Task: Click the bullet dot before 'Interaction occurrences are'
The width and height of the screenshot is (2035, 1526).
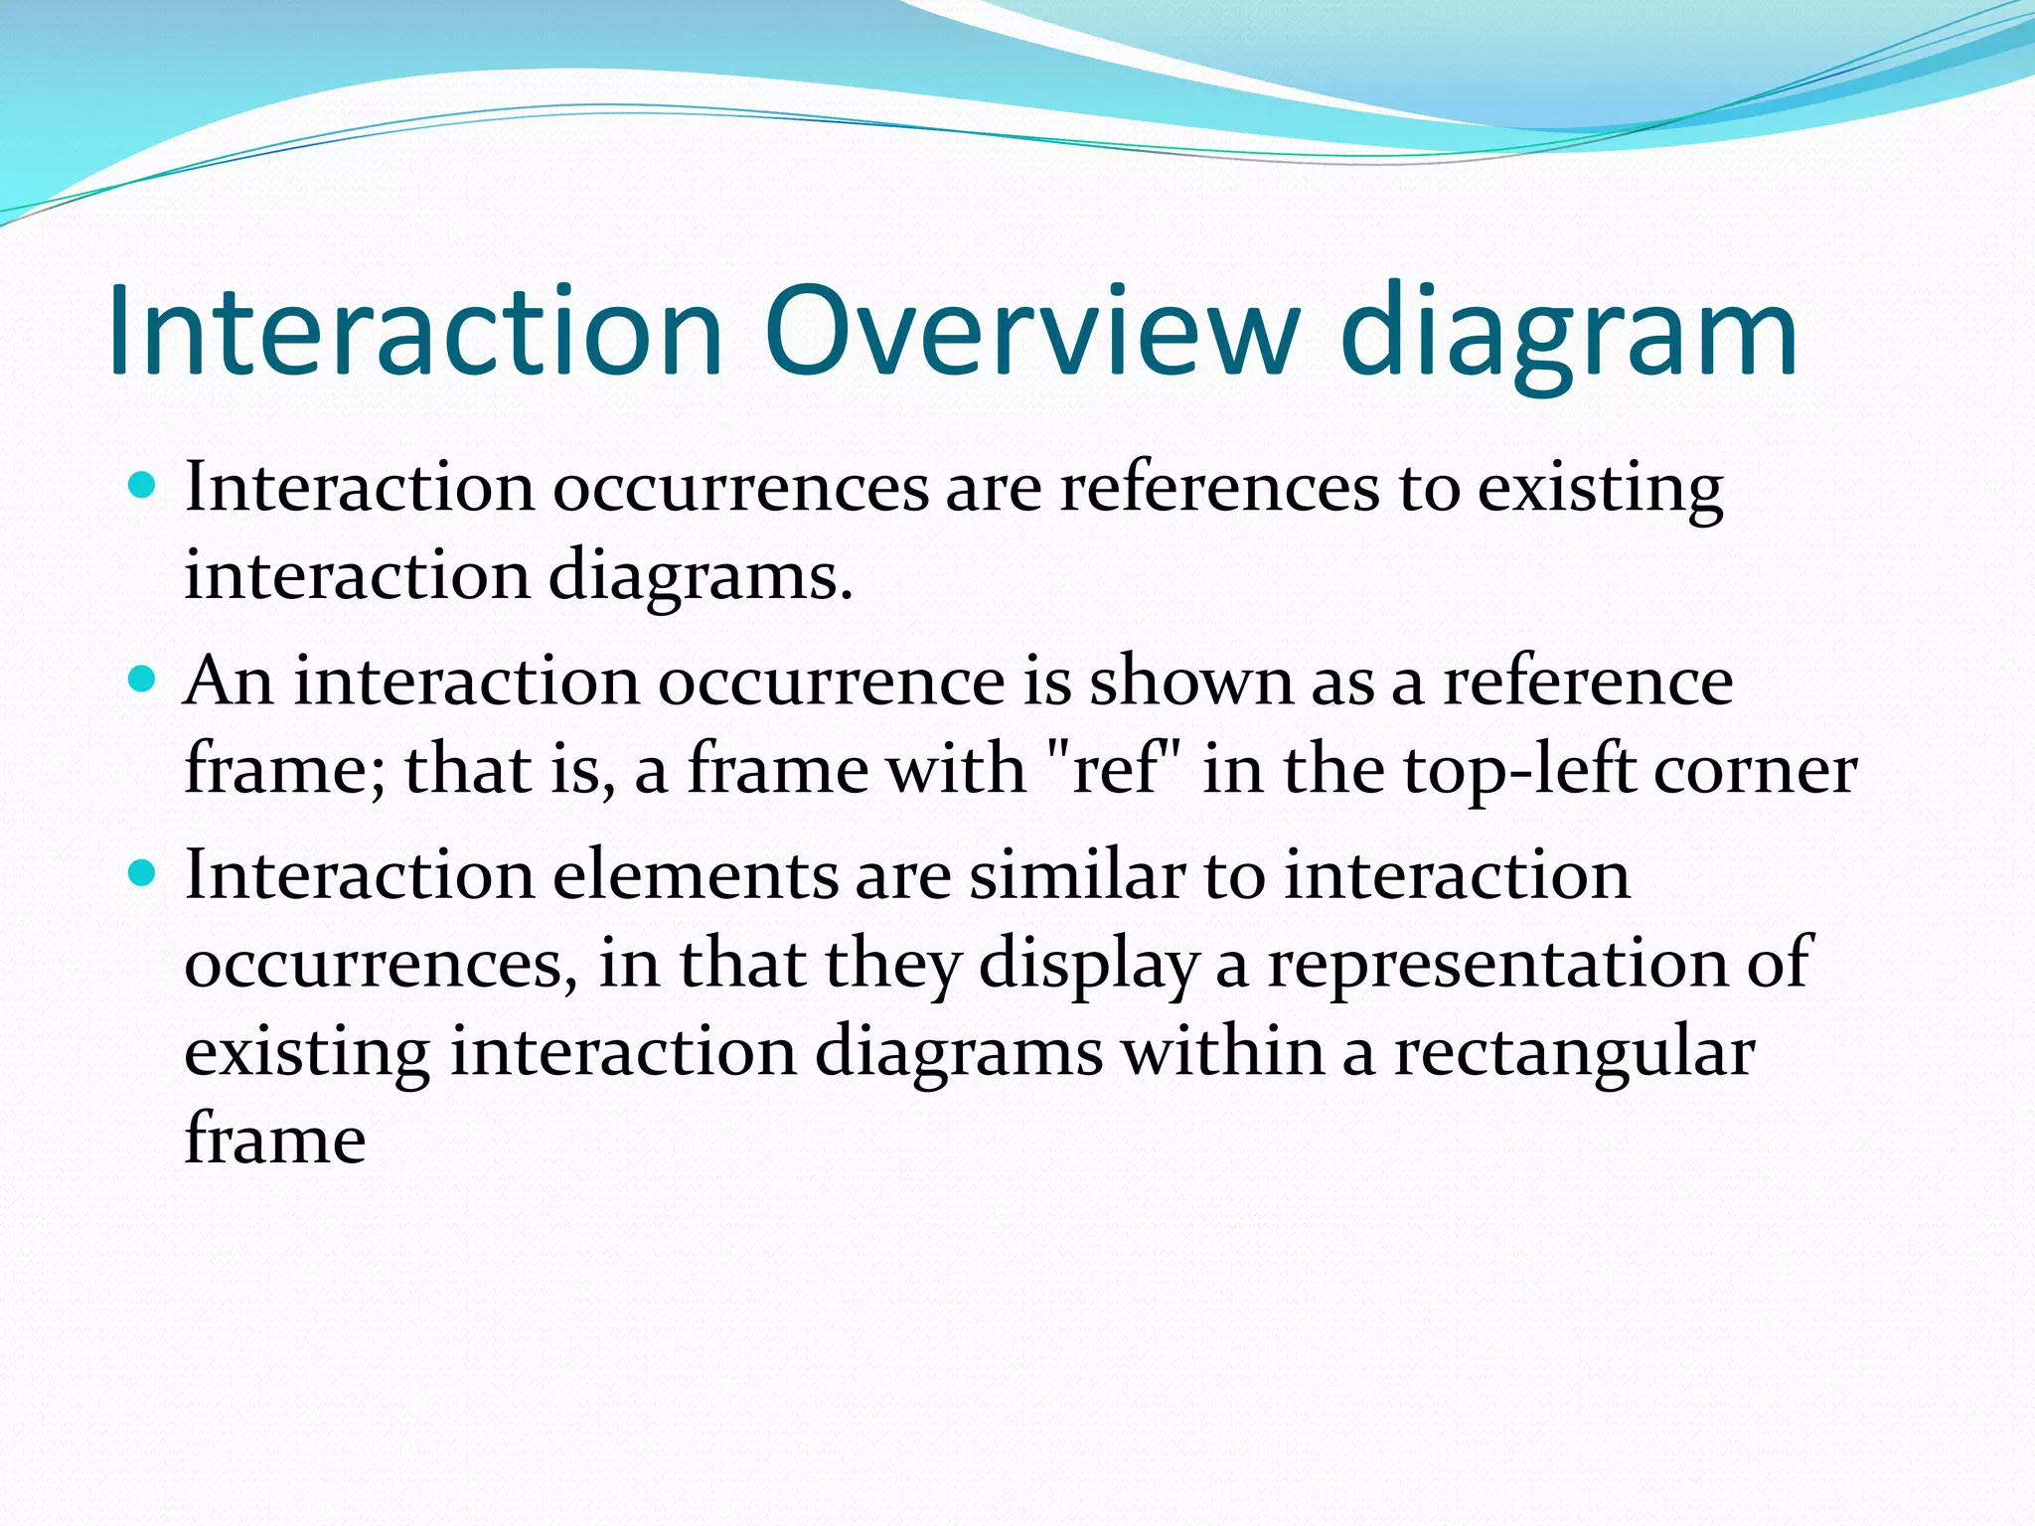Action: point(143,486)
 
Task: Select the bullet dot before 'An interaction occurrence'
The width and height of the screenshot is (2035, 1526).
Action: point(143,680)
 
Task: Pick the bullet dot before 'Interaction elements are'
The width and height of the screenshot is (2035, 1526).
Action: point(143,873)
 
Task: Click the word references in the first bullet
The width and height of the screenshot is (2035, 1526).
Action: point(1219,488)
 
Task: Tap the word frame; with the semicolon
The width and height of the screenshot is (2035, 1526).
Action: point(285,769)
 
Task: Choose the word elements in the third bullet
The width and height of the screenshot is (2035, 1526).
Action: point(695,875)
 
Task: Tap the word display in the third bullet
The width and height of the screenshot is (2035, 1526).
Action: point(1088,965)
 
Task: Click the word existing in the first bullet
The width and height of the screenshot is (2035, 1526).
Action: point(1600,488)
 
